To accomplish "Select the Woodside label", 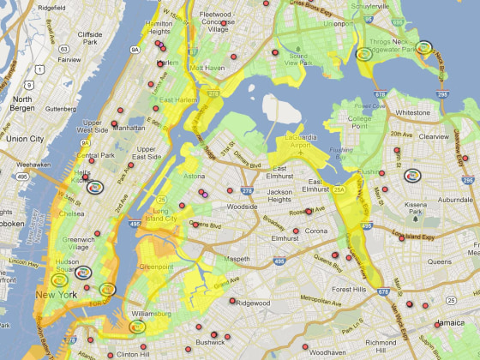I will coord(242,207).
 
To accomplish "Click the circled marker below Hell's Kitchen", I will coord(95,186).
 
